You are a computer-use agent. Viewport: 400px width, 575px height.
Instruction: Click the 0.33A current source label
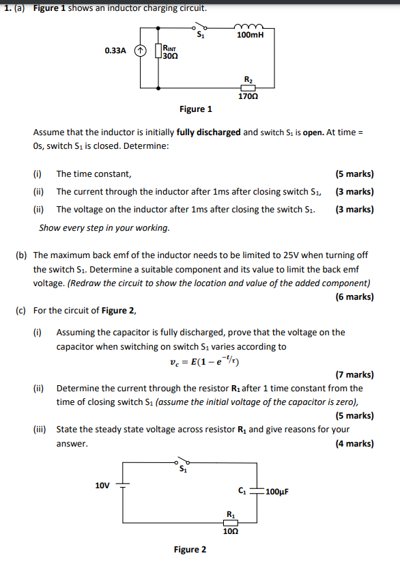pos(115,51)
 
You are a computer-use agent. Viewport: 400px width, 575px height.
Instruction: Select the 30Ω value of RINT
pos(169,55)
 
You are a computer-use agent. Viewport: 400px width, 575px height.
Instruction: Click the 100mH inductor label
pos(250,34)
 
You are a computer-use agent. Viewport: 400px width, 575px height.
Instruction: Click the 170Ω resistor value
pos(248,97)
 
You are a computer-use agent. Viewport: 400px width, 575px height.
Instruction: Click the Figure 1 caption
pos(196,109)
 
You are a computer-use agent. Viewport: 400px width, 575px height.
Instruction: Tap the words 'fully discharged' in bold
pos(208,132)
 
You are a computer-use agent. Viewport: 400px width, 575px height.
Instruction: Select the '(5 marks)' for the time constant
pos(354,174)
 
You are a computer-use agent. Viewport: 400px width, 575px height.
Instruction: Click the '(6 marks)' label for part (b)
pos(354,296)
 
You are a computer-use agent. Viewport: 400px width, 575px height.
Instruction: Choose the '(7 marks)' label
pos(354,374)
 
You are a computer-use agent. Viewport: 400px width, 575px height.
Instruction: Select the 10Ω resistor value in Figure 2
pos(230,531)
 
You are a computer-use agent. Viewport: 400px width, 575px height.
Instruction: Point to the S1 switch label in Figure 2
pos(182,469)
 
